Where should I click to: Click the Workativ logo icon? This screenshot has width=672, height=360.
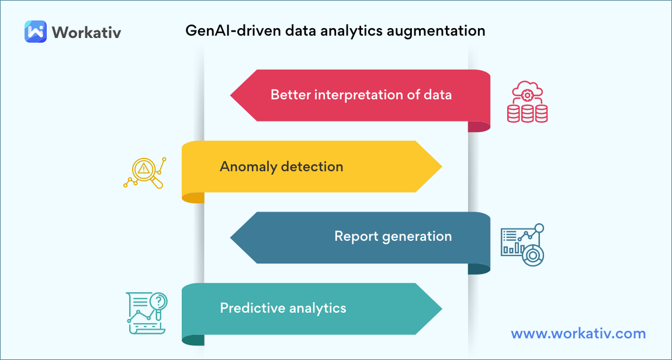point(36,32)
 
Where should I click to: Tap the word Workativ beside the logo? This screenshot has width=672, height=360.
point(86,32)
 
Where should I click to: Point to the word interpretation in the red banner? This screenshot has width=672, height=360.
point(358,95)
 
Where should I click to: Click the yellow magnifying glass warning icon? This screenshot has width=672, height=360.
point(144,173)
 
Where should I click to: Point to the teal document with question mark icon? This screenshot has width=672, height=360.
point(147,313)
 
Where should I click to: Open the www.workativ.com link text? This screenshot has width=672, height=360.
point(578,334)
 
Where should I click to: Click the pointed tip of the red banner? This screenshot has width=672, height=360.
point(230,96)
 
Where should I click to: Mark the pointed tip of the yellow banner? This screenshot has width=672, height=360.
point(442,167)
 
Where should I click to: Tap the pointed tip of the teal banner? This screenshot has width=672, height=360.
point(442,309)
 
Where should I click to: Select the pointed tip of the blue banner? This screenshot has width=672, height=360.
point(230,238)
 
